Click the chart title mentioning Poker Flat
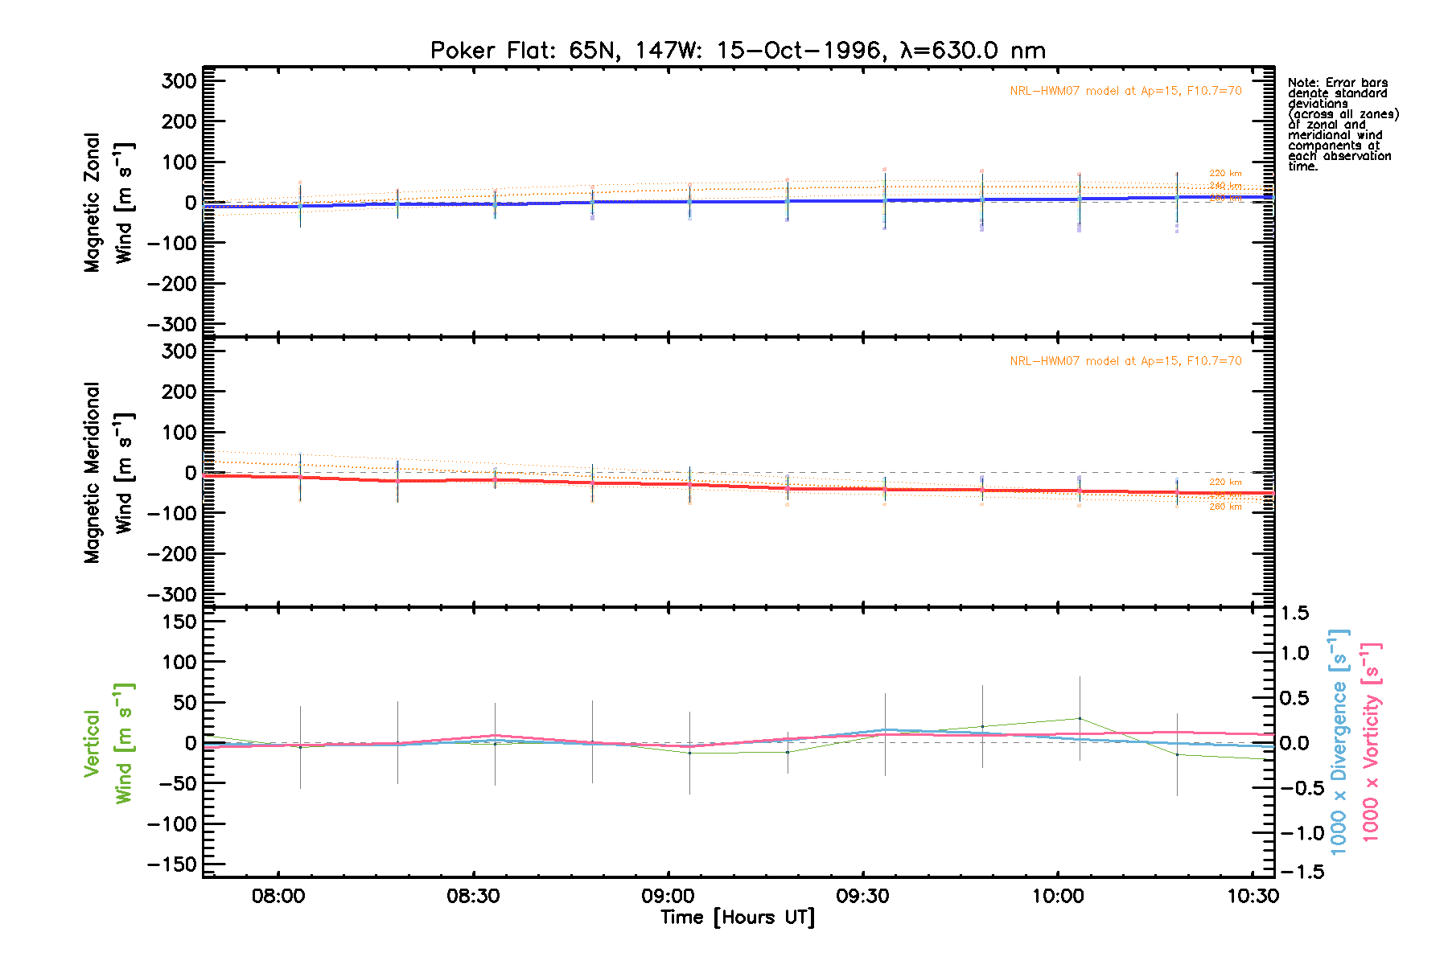click(738, 51)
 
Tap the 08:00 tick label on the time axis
click(278, 896)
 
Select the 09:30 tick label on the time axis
click(862, 896)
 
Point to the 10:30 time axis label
click(1253, 896)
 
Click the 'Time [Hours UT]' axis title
click(738, 918)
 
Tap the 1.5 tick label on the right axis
click(1294, 614)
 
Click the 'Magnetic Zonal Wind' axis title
click(109, 203)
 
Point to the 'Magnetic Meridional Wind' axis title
click(109, 473)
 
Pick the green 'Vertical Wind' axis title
click(109, 743)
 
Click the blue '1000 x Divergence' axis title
click(1339, 741)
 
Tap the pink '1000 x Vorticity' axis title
click(1371, 741)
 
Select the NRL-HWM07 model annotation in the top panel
click(1125, 91)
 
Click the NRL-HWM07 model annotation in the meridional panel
click(1125, 361)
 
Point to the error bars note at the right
click(1342, 125)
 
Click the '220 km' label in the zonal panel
click(1225, 173)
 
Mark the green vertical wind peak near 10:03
click(1080, 718)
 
